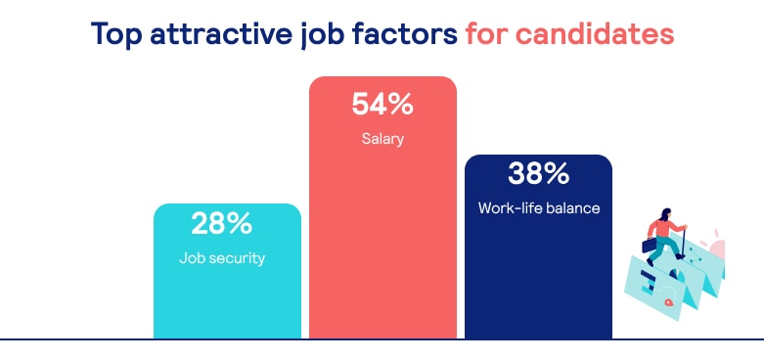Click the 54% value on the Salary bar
382,105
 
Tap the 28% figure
222,224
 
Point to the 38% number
538,174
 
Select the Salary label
382,139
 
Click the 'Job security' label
222,258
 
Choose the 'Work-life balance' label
539,208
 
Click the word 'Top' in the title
116,34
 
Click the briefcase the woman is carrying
650,245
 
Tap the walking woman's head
665,214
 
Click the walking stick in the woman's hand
682,243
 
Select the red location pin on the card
668,303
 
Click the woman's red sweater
662,228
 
